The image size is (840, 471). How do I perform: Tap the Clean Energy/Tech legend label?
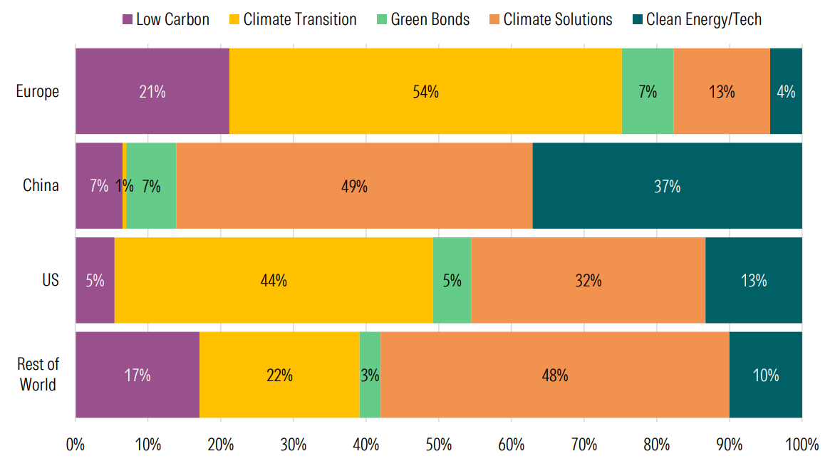point(703,19)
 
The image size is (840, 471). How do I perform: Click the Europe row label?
point(38,92)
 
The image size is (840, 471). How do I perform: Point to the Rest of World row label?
point(38,375)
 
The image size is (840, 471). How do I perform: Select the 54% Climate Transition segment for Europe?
point(425,92)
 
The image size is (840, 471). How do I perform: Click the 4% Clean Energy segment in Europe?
point(786,92)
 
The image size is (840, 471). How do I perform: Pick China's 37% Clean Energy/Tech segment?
point(667,187)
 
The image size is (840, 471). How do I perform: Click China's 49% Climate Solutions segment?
point(354,187)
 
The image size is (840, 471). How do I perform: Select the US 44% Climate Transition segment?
point(274,281)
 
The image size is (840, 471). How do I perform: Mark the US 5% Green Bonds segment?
point(452,281)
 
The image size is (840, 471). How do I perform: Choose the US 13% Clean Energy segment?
point(753,281)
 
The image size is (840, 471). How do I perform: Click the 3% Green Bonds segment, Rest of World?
point(370,375)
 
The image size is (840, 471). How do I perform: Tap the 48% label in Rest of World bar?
point(554,375)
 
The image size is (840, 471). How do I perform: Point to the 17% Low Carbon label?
point(137,375)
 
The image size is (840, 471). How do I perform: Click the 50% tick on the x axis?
point(438,445)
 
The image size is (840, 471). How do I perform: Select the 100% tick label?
point(802,445)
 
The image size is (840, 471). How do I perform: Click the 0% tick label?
point(76,445)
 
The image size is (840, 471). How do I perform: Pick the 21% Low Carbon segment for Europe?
point(152,92)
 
